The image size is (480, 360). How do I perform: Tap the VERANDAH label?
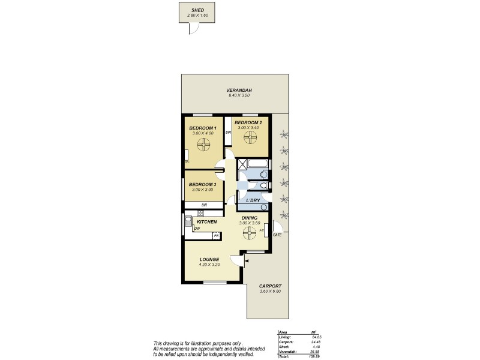(239, 91)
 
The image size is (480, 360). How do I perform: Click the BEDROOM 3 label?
(202, 184)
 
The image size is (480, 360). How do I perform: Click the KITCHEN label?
(206, 222)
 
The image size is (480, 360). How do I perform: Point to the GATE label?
(277, 235)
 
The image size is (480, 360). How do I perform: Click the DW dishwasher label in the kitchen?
(197, 228)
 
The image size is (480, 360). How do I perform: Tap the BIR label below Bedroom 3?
(204, 205)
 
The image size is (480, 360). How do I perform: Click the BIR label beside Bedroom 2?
(228, 133)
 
